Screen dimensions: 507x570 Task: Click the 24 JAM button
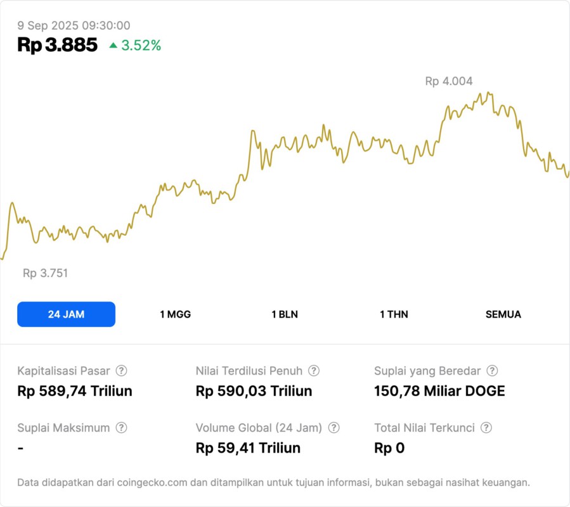(66, 314)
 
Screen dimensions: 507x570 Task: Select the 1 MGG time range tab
(175, 314)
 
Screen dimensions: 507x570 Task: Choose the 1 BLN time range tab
(285, 314)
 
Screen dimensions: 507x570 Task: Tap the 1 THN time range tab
(394, 314)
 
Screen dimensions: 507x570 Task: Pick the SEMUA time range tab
(503, 314)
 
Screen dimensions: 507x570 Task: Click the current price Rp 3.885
(58, 45)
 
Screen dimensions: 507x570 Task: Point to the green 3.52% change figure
(141, 46)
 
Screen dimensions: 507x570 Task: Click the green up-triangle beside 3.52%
(113, 45)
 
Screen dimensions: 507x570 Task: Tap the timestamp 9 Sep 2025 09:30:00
(74, 25)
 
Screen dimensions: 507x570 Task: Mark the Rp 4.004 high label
(449, 81)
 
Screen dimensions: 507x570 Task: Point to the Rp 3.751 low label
(45, 273)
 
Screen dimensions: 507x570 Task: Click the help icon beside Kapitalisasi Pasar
(121, 371)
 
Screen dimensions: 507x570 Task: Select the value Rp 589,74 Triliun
(75, 391)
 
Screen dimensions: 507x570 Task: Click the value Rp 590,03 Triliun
(254, 391)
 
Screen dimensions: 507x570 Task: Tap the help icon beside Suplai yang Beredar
(492, 371)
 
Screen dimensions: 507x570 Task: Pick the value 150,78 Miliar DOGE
(440, 391)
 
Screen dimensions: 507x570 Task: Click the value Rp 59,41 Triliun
(248, 448)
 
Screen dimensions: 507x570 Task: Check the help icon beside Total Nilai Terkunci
(486, 428)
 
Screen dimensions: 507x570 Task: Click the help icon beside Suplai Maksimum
(121, 428)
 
